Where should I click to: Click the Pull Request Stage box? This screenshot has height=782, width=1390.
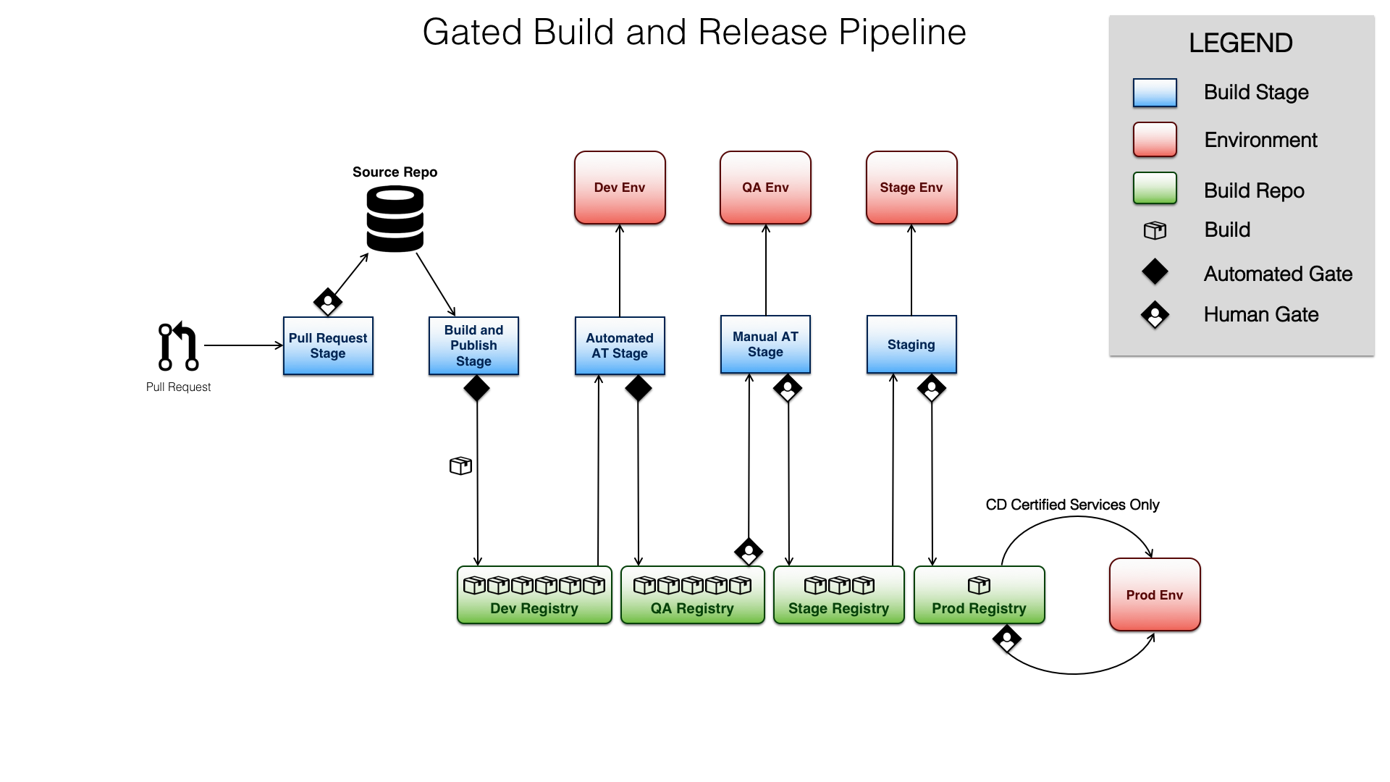point(328,345)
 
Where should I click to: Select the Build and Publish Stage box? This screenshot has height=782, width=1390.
point(473,345)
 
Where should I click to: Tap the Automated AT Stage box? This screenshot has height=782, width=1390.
point(620,345)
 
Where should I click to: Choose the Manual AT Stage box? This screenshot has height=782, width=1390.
point(765,344)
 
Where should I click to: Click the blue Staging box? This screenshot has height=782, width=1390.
point(911,344)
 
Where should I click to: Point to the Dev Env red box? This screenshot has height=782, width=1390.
point(620,188)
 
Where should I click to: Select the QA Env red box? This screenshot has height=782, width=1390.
point(765,188)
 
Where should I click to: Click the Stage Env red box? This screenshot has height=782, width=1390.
point(911,188)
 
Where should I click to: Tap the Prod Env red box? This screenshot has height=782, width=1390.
point(1155,594)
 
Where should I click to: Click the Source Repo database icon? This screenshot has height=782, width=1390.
point(395,219)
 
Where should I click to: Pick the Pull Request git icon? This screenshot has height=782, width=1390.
point(178,346)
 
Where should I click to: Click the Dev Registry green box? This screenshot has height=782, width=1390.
point(534,595)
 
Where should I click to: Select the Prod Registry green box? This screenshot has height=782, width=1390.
point(979,595)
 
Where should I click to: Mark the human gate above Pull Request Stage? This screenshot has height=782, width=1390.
point(328,301)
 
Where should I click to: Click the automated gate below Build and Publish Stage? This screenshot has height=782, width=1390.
point(476,388)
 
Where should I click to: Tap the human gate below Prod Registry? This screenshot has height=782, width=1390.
point(1007,639)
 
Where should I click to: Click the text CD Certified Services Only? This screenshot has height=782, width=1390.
point(1072,505)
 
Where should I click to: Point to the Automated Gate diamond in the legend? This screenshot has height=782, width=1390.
point(1155,272)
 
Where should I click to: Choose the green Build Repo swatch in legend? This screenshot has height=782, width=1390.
point(1155,188)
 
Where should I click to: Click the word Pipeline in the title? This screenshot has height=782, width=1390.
point(902,33)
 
